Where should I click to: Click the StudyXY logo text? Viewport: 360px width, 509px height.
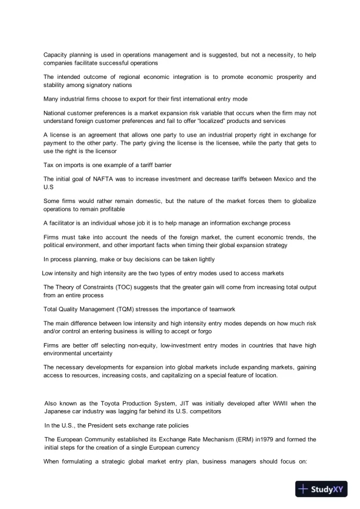(x=326, y=489)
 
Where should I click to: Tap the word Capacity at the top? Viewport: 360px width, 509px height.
(x=56, y=55)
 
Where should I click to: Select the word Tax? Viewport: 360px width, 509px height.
(x=49, y=165)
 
